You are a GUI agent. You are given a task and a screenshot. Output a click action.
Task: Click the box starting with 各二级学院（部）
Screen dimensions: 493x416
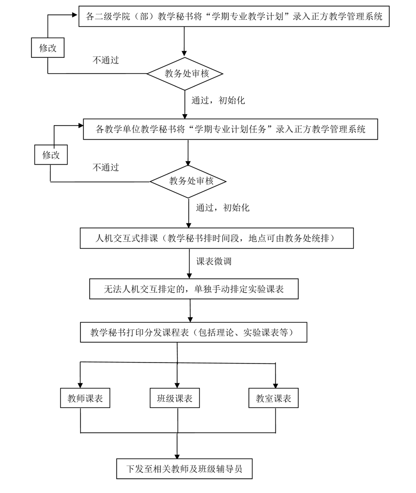[234, 17]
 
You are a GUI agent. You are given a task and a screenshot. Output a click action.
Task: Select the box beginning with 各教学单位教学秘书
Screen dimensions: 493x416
[231, 129]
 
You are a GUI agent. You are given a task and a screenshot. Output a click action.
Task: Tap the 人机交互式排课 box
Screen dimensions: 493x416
[217, 238]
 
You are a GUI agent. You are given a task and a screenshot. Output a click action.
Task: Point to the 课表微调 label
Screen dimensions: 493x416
[214, 261]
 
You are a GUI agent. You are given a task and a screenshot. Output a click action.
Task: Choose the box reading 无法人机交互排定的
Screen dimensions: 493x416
[194, 289]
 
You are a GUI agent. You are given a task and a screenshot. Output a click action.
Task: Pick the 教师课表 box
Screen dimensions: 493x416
[85, 399]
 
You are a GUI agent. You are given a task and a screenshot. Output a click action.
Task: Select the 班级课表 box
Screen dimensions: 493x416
[175, 399]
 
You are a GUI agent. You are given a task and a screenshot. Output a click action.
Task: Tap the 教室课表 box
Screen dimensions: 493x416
[273, 399]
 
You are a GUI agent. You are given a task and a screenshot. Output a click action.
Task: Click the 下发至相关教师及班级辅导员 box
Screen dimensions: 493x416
[184, 468]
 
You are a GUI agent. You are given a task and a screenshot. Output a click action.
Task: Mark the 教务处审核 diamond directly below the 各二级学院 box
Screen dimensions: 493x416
[185, 74]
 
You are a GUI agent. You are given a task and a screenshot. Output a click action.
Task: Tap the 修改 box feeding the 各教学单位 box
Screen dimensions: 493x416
[51, 155]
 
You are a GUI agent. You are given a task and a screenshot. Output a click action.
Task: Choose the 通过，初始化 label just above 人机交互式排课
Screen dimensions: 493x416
[222, 208]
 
